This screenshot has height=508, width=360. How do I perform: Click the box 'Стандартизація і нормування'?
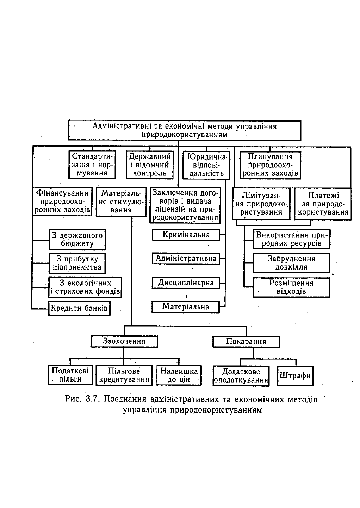click(92, 165)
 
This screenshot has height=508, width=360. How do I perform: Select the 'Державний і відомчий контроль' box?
click(150, 165)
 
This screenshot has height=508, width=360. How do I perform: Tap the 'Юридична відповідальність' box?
click(206, 165)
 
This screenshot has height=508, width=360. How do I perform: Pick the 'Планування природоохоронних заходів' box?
click(270, 165)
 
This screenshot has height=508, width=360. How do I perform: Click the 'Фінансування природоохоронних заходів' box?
click(62, 202)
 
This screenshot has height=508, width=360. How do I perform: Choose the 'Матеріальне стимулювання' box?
click(121, 202)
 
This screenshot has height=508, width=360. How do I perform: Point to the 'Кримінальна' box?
click(186, 235)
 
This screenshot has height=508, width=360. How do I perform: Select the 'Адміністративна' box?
click(186, 259)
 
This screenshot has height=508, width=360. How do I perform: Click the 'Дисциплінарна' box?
click(186, 283)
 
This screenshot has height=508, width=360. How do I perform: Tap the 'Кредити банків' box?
click(79, 308)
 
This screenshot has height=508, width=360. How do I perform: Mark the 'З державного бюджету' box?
click(77, 240)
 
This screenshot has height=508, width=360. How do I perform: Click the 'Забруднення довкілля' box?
click(292, 263)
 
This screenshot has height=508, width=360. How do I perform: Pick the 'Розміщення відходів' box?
click(291, 287)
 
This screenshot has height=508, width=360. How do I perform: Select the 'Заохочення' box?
click(124, 341)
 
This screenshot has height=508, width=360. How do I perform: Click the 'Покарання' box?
click(246, 342)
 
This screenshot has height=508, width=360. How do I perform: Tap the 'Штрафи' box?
click(295, 376)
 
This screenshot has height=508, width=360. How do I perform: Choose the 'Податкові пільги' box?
click(70, 375)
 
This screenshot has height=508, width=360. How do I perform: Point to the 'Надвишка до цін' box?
click(179, 375)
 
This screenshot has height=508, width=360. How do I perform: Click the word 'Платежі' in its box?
click(323, 195)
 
